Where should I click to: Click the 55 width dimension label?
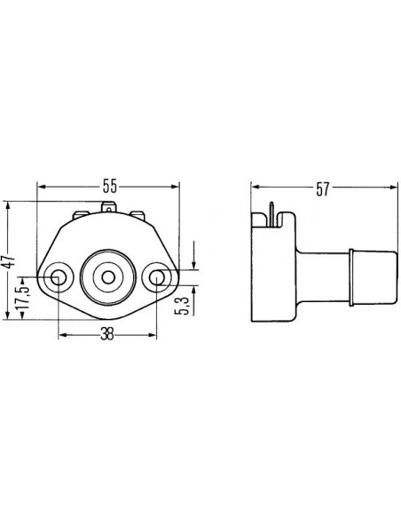pyautogui.click(x=110, y=187)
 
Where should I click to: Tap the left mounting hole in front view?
pyautogui.click(x=59, y=278)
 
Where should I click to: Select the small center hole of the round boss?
pyautogui.click(x=108, y=276)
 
